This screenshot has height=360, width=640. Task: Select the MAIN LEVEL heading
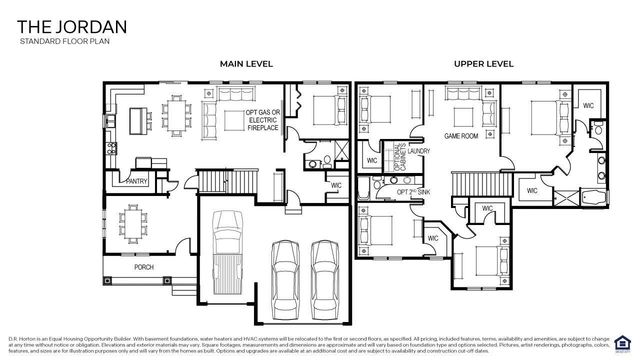click(x=246, y=64)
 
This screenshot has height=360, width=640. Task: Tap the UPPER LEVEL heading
click(x=483, y=64)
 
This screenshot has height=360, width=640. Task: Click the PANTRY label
click(x=136, y=181)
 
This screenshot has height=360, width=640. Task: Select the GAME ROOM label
click(x=462, y=134)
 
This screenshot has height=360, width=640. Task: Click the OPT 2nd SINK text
click(x=413, y=190)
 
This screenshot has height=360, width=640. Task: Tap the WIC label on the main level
click(x=336, y=184)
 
